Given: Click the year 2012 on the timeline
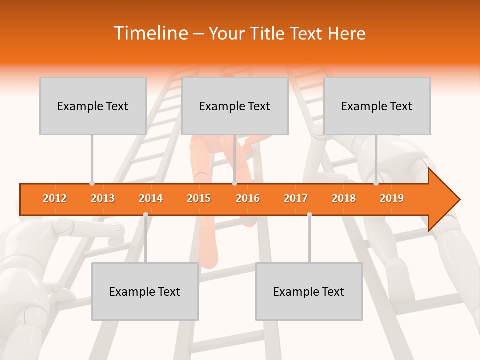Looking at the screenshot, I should point(55,198).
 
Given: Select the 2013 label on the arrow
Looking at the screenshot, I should point(103,198).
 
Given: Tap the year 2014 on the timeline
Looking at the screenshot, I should point(151,198).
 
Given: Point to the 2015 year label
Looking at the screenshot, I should point(199,198).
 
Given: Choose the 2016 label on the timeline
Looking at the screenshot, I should point(248,198).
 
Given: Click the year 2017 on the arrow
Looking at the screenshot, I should point(296,198).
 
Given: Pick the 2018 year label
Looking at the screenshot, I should point(344,198).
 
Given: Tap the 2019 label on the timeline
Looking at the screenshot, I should point(392,198).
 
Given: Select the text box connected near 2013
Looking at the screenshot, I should point(93,106).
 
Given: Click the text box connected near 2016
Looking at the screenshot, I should point(235,106).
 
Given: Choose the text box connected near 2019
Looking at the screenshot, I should point(377,106).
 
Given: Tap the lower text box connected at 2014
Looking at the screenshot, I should point(145,291).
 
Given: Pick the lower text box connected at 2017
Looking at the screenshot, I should point(309,291).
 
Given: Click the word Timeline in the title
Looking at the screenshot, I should point(150,33).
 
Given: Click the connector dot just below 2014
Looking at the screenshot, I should point(145,214).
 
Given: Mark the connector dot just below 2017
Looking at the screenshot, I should point(309,214).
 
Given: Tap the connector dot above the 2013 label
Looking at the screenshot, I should point(92,183).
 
